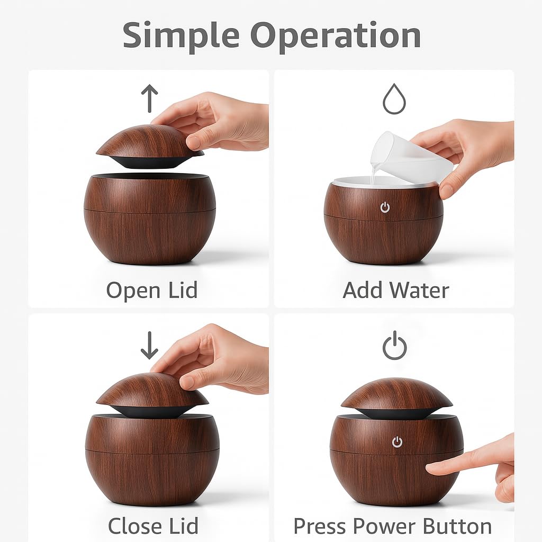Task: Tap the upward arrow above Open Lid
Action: (x=149, y=98)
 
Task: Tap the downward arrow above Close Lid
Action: (x=149, y=345)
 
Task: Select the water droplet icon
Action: (x=394, y=99)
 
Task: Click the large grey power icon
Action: (x=394, y=345)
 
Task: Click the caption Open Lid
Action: (x=152, y=291)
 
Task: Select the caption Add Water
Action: (x=396, y=290)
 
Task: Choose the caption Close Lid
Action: (x=153, y=526)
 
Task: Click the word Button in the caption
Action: (x=457, y=526)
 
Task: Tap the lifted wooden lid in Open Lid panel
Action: (x=150, y=146)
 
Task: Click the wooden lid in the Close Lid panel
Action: (x=152, y=394)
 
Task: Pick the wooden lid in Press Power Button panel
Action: (x=396, y=397)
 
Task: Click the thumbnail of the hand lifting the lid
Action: (x=211, y=121)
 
